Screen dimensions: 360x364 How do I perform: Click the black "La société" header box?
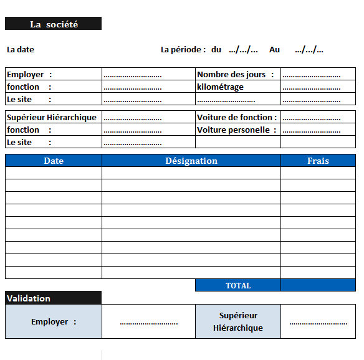pos(53,24)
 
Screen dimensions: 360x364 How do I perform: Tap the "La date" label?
pos(21,49)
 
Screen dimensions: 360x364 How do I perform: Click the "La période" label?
pos(181,49)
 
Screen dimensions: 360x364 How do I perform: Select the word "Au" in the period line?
pos(274,49)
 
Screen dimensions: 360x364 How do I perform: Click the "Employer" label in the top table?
pos(26,74)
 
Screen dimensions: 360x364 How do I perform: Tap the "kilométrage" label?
pos(220,87)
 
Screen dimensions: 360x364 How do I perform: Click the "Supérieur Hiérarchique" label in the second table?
pos(52,117)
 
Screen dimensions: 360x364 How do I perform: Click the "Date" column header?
pos(54,161)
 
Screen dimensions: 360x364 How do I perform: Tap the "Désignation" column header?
pos(191,161)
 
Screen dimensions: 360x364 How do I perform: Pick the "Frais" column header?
pos(318,161)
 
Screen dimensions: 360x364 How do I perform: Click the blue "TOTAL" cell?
pos(238,285)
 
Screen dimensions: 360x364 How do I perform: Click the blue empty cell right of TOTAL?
pos(318,285)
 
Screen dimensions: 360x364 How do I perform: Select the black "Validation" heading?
pos(53,298)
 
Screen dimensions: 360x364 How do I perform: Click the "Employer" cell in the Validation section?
pos(53,321)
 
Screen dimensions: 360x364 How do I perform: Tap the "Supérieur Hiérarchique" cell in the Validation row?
pos(238,321)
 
